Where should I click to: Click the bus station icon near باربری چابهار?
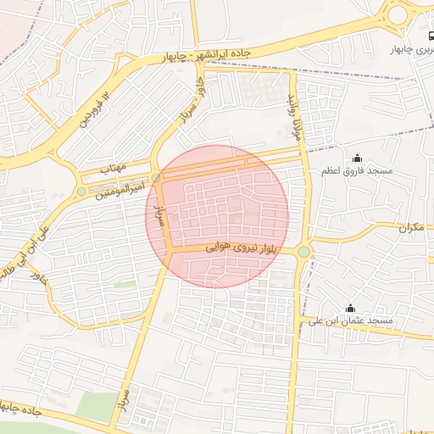(431, 36)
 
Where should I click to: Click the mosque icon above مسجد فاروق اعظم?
(356, 158)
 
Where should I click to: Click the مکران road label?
(409, 227)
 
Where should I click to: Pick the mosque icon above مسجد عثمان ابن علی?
(350, 309)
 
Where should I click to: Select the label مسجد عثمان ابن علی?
(350, 322)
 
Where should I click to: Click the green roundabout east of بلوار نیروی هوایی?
(303, 251)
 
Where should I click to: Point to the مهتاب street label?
(114, 169)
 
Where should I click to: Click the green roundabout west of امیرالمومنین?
(81, 192)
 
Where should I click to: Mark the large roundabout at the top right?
(398, 14)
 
